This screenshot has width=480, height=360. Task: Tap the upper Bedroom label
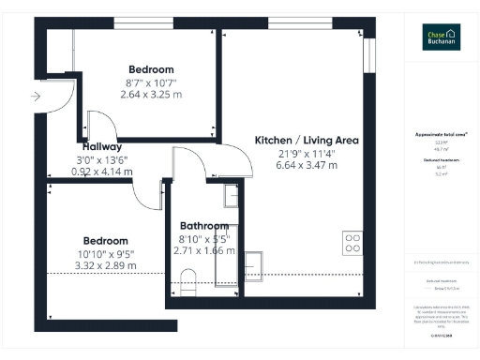point(151,69)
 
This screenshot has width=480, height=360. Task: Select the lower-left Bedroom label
point(105,240)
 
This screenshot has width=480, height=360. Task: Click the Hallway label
point(101,147)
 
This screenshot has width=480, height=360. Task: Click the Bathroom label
point(203,226)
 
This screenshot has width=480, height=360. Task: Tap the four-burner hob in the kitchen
point(353,243)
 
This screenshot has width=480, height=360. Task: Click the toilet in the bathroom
point(189,279)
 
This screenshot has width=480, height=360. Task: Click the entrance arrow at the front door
point(36,96)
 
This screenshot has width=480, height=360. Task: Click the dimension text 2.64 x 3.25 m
point(151,94)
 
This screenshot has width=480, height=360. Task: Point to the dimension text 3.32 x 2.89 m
point(105,265)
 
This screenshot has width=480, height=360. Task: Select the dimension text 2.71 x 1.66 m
point(203,251)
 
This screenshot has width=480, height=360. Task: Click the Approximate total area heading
point(442,135)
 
